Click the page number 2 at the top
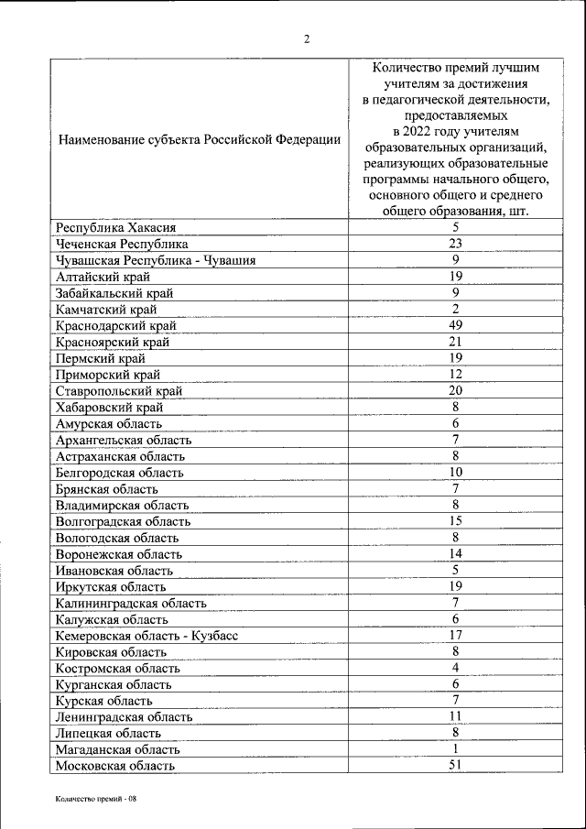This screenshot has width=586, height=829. click(307, 38)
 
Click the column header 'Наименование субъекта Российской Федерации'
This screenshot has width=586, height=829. click(199, 140)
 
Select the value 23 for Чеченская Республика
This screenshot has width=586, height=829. click(455, 244)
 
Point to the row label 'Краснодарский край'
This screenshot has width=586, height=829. click(115, 325)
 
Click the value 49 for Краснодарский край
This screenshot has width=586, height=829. click(455, 325)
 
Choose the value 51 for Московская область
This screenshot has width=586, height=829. click(455, 766)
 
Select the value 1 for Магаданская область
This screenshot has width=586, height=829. click(455, 749)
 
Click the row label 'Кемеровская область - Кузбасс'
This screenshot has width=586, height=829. click(146, 635)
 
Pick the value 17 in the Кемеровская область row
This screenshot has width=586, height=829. click(455, 635)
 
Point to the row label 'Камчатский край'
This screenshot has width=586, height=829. click(107, 309)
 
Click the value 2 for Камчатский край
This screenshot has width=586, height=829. click(455, 309)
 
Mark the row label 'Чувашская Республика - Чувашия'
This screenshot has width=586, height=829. click(155, 260)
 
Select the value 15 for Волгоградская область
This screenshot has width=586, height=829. click(455, 520)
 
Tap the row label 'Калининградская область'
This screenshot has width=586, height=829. click(130, 603)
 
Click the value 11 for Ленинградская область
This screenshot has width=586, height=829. click(455, 716)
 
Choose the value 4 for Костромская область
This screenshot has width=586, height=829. click(455, 668)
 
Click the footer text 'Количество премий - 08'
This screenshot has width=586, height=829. click(95, 800)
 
